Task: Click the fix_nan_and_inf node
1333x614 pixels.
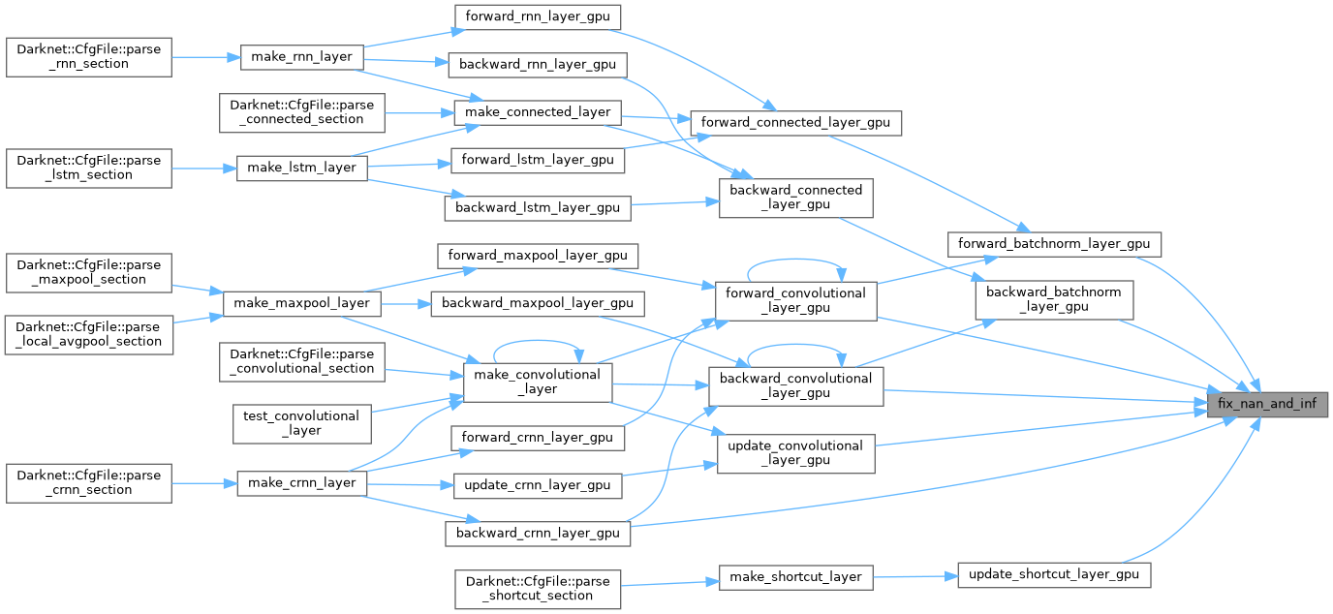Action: click(x=1265, y=403)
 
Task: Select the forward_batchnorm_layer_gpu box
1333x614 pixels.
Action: click(x=1053, y=242)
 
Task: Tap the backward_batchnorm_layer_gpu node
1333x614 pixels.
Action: click(x=1053, y=299)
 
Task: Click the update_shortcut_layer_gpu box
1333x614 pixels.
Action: click(x=1053, y=574)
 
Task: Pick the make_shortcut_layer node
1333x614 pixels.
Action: click(x=796, y=576)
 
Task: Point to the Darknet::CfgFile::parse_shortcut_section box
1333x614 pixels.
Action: click(x=538, y=588)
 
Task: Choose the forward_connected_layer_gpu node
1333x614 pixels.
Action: click(x=795, y=123)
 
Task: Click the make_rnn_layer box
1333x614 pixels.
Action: click(x=302, y=56)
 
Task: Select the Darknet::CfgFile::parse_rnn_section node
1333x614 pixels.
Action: click(x=89, y=56)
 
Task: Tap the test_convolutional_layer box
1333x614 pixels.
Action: click(x=301, y=423)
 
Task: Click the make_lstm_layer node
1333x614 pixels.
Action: click(x=302, y=168)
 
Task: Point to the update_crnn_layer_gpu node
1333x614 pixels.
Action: click(x=538, y=484)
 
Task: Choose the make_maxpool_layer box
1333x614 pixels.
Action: click(x=302, y=302)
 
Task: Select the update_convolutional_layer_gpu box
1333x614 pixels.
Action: click(x=795, y=453)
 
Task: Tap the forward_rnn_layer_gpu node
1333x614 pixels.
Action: click(x=537, y=16)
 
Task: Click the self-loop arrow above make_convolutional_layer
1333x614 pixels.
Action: click(x=538, y=344)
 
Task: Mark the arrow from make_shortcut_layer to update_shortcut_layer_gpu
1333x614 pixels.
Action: click(x=915, y=575)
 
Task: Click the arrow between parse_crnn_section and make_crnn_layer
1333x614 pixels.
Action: click(x=204, y=481)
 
